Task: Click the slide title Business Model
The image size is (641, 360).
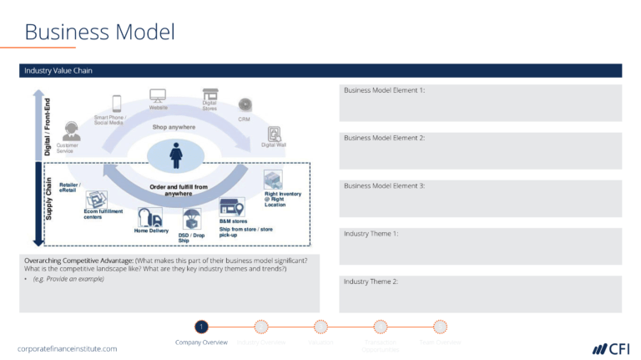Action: pos(99,32)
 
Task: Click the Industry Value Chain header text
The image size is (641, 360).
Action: pos(58,71)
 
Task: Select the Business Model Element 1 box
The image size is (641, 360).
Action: pos(480,103)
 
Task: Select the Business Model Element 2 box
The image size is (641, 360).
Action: pos(480,150)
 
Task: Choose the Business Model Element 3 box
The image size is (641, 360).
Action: pos(480,199)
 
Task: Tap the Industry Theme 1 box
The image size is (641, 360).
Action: pos(480,246)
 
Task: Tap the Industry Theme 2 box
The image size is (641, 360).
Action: pos(480,294)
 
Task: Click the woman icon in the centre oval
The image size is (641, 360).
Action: pos(176,155)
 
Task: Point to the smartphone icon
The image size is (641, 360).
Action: pos(117,104)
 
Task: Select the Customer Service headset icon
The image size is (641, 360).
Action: pos(72,131)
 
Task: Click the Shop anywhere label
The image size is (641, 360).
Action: pos(174,127)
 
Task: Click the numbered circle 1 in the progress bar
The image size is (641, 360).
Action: pos(201,327)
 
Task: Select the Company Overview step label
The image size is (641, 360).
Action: pos(201,342)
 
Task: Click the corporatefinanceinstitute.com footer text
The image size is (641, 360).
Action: pos(68,348)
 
